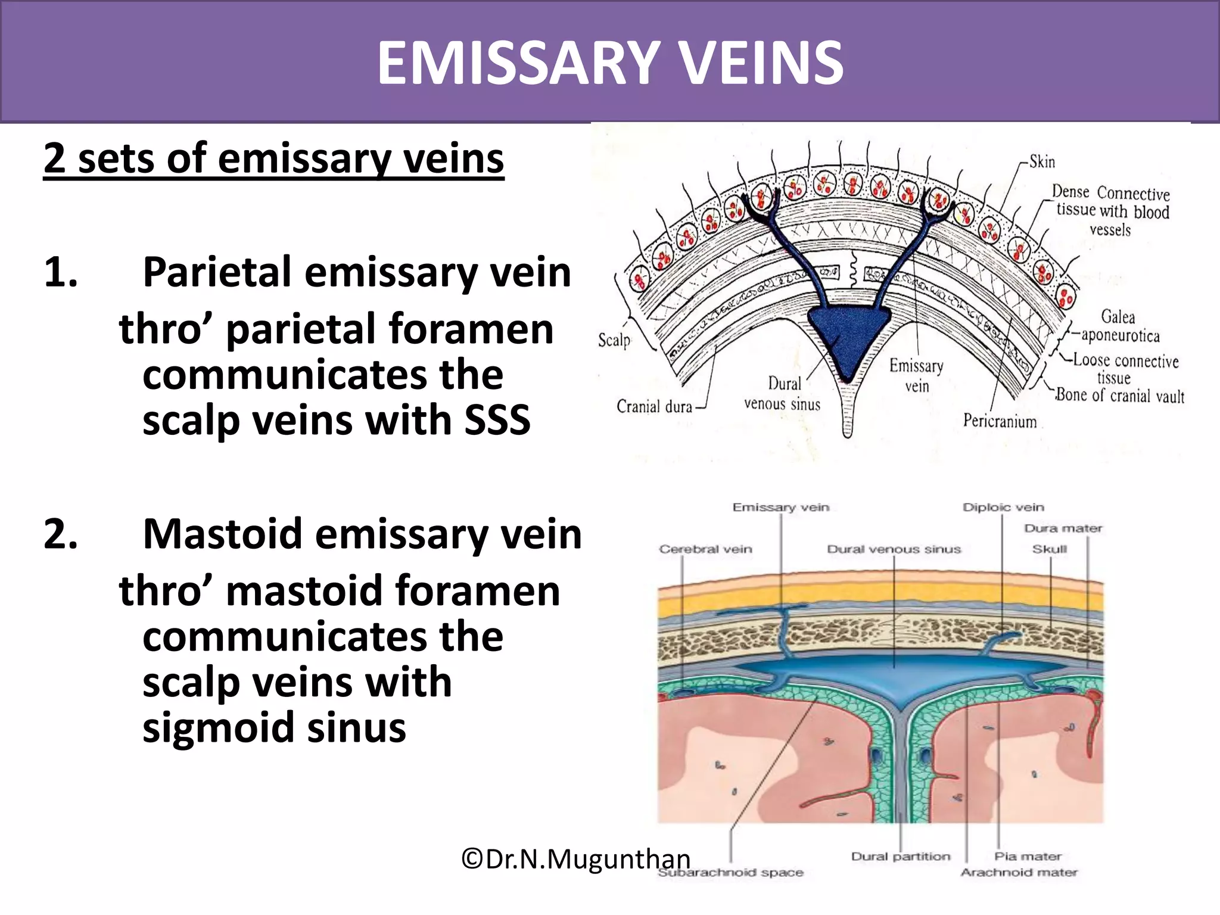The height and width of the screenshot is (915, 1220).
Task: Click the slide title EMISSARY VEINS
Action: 610,63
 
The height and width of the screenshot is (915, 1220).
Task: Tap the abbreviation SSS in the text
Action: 497,420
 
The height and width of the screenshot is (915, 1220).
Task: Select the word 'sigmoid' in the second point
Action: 219,728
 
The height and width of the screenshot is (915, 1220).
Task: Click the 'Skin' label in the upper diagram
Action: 1042,162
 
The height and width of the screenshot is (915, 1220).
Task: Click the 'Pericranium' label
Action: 1000,421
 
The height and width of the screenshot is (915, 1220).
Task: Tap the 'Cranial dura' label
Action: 654,407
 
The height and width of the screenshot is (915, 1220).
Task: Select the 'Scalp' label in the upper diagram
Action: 614,340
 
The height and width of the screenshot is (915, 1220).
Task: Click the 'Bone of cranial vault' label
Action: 1120,396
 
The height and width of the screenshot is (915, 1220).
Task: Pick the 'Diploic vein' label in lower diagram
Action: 1003,508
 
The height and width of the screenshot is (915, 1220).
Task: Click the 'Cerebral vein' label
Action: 705,549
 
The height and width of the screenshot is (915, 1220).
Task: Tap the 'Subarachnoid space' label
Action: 730,873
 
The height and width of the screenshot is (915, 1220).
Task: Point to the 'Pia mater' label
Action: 1028,857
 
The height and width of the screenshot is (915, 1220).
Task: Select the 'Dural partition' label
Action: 901,857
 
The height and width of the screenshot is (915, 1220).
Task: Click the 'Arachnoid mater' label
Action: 1019,873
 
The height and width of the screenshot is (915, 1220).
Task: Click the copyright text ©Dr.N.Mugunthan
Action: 575,859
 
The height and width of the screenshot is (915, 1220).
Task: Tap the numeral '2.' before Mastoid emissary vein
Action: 60,534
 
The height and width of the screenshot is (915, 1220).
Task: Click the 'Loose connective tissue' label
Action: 1125,368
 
